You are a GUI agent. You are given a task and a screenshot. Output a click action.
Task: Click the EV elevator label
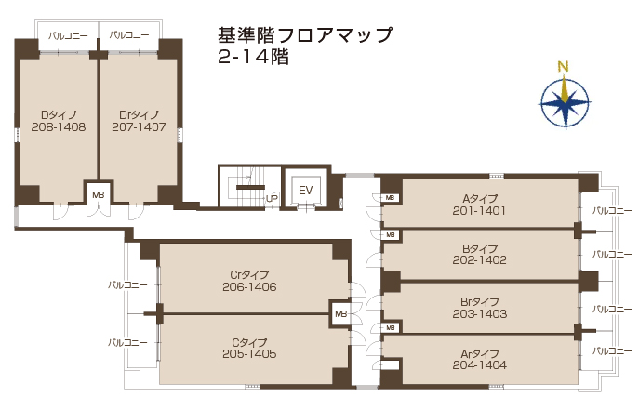[x=305, y=191]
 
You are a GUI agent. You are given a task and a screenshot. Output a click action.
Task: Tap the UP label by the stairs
[x=272, y=199]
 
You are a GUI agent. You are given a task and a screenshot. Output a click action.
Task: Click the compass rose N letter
[x=564, y=66]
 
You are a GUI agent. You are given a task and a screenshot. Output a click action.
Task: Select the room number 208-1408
[x=59, y=127]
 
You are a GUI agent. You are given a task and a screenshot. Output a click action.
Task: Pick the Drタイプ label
[x=139, y=114]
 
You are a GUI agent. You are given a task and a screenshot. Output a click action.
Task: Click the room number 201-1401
[x=479, y=211]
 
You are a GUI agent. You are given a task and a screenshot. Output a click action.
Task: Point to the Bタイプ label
[x=480, y=248]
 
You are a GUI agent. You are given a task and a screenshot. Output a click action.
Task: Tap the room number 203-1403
[x=480, y=314]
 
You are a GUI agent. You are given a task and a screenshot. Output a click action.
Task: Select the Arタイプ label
[x=480, y=353]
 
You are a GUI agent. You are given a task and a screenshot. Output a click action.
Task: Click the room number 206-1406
[x=249, y=287]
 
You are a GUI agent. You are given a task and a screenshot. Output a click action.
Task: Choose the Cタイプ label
[x=249, y=343]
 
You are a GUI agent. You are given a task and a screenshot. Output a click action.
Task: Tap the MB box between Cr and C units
[x=340, y=314]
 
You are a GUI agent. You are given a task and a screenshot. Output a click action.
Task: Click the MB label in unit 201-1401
[x=390, y=198]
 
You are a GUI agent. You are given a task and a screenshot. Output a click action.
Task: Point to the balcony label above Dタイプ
[x=68, y=36]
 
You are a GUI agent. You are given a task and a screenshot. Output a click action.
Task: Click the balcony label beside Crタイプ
[x=127, y=284]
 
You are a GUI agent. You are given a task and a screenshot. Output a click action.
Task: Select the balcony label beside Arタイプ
[x=612, y=350]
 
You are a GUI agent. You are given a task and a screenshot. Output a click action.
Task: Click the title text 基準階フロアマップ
[x=305, y=35]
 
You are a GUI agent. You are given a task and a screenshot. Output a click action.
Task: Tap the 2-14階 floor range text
[x=254, y=57]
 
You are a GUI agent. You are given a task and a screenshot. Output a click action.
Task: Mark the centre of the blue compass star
[x=565, y=102]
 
